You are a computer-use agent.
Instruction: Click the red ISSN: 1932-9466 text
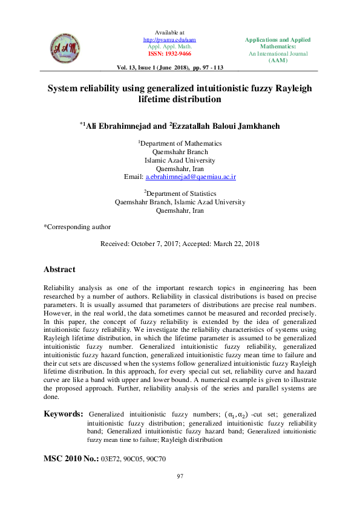pyautogui.click(x=170, y=53)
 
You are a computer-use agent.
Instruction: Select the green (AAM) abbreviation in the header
pyautogui.click(x=278, y=60)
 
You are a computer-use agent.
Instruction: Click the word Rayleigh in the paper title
pyautogui.click(x=293, y=88)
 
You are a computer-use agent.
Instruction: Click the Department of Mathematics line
pyautogui.click(x=180, y=144)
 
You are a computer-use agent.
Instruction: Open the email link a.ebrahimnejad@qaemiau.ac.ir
pyautogui.click(x=191, y=177)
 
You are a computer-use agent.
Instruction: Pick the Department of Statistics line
pyautogui.click(x=180, y=193)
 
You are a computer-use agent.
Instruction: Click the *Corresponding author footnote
pyautogui.click(x=77, y=227)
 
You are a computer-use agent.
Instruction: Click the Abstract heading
pyautogui.click(x=59, y=270)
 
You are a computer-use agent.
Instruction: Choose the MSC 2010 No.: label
pyautogui.click(x=71, y=459)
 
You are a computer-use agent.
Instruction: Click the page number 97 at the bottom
pyautogui.click(x=180, y=478)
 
